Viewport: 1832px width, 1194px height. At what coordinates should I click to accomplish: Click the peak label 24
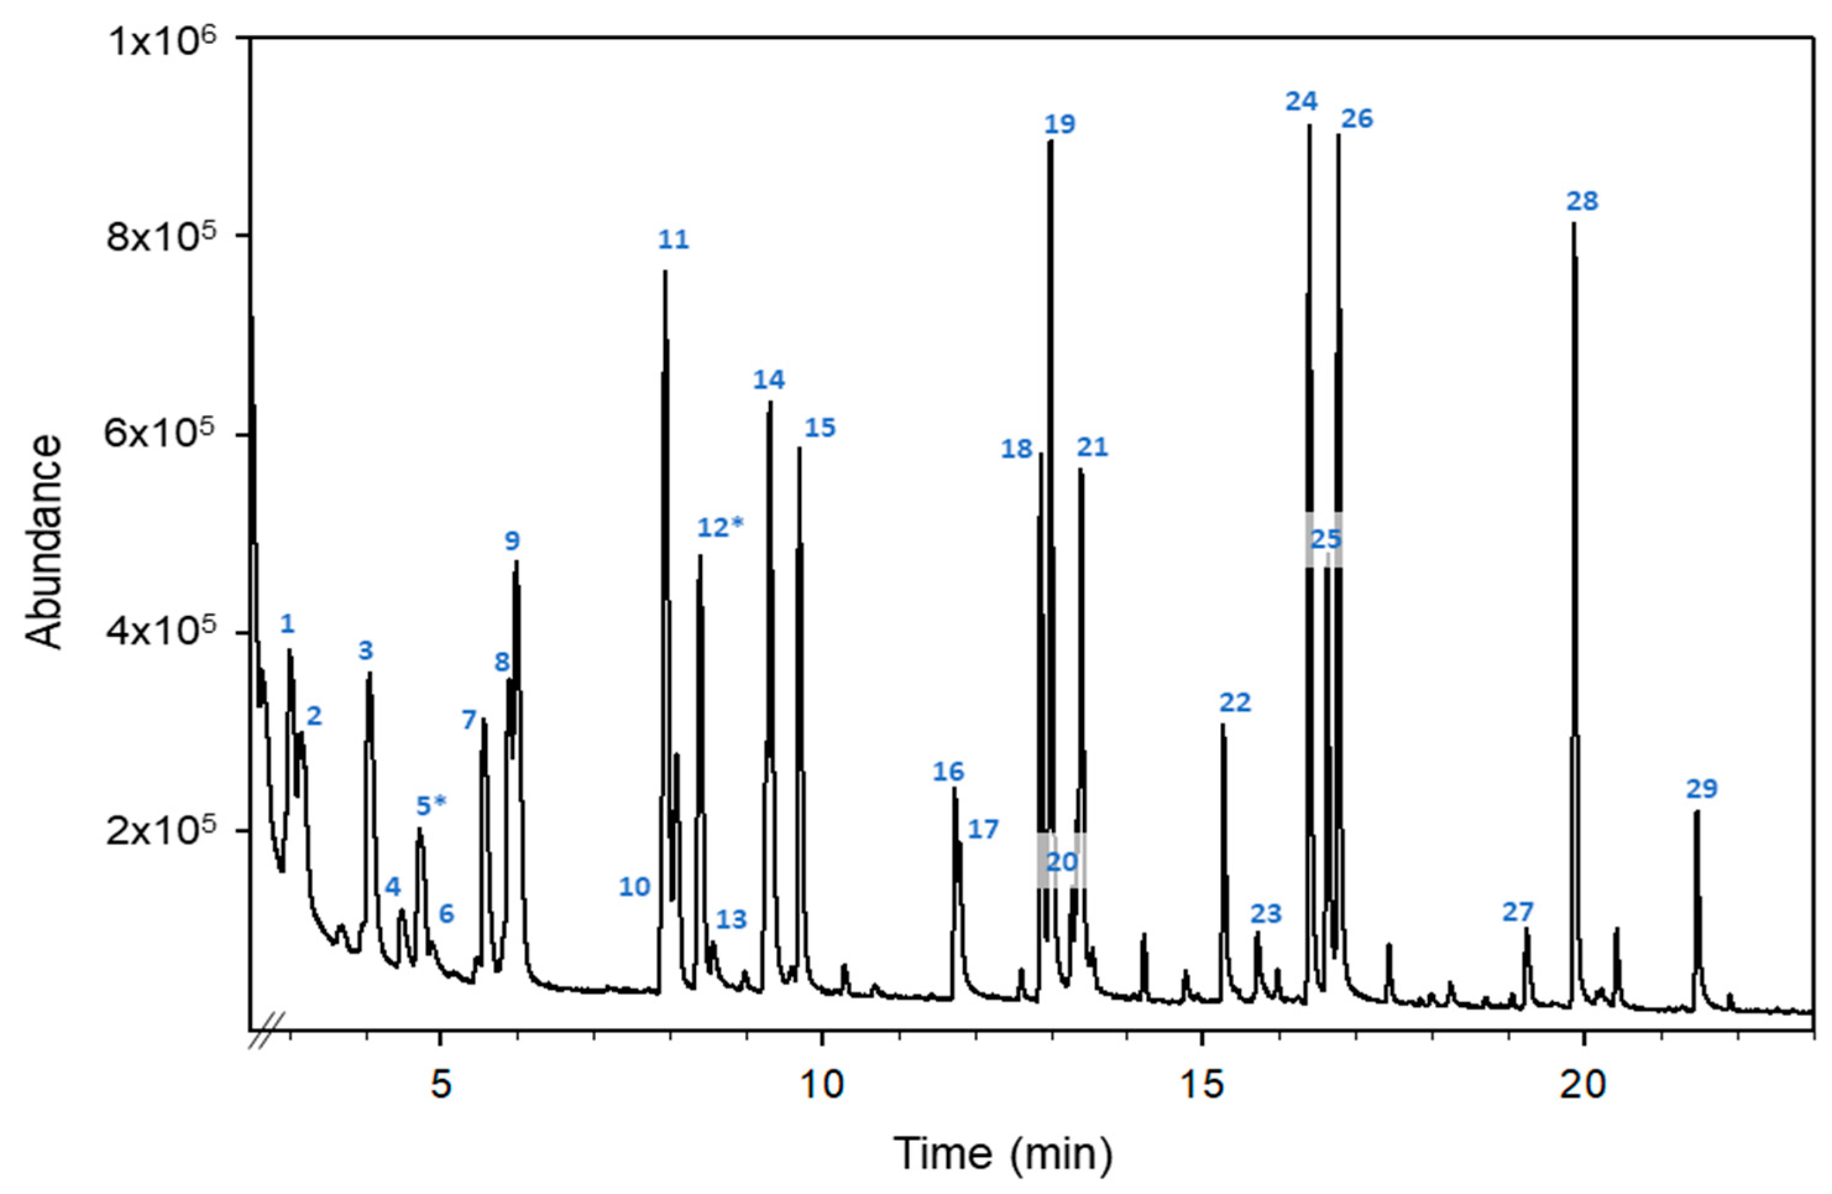tap(1301, 101)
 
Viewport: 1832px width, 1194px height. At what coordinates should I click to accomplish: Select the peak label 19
tap(1059, 124)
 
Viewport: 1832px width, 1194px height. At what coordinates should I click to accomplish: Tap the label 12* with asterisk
tap(721, 527)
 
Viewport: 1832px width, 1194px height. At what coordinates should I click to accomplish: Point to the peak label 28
tap(1582, 202)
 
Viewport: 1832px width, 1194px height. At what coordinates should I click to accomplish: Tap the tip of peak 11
tap(665, 271)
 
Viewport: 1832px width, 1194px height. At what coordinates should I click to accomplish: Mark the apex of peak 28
tap(1574, 223)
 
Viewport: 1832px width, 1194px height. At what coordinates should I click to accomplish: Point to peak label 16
tap(948, 771)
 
